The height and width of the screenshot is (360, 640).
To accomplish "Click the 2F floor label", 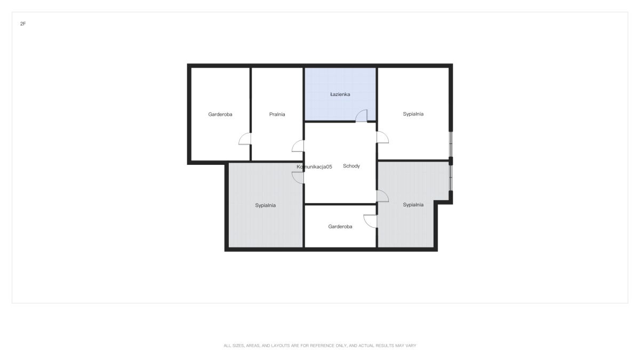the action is pyautogui.click(x=23, y=23).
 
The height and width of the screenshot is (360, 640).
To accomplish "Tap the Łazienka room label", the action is pyautogui.click(x=340, y=94).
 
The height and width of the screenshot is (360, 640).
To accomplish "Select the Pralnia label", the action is pyautogui.click(x=277, y=114).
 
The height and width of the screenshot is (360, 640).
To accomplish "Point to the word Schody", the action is pyautogui.click(x=351, y=166).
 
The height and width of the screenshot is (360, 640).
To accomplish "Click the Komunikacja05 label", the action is pyautogui.click(x=314, y=166).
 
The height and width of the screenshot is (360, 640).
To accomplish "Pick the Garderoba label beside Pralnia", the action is pyautogui.click(x=220, y=114).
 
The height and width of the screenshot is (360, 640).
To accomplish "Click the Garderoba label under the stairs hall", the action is pyautogui.click(x=340, y=227).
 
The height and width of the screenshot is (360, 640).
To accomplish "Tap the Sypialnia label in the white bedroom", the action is pyautogui.click(x=413, y=114).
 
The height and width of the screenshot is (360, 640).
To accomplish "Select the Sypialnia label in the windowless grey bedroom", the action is pyautogui.click(x=265, y=205).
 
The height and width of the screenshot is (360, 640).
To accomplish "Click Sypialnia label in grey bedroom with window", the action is pyautogui.click(x=413, y=205).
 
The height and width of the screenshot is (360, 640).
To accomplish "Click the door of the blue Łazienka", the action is pyautogui.click(x=361, y=116).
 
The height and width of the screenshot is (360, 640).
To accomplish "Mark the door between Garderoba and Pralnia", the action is pyautogui.click(x=245, y=139).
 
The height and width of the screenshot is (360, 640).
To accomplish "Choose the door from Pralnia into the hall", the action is pyautogui.click(x=298, y=146).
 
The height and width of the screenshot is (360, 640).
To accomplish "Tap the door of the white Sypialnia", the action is pyautogui.click(x=382, y=137).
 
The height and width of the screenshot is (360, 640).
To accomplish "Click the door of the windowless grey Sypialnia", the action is pyautogui.click(x=298, y=178).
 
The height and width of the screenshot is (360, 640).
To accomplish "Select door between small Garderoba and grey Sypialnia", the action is pyautogui.click(x=370, y=221).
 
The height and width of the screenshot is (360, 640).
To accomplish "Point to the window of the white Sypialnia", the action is pyautogui.click(x=451, y=144).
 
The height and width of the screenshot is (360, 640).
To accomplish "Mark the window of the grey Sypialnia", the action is pyautogui.click(x=451, y=178).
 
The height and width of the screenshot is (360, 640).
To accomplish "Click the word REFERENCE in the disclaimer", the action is pyautogui.click(x=322, y=346).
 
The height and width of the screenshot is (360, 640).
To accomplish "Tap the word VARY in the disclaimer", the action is pyautogui.click(x=411, y=346).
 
